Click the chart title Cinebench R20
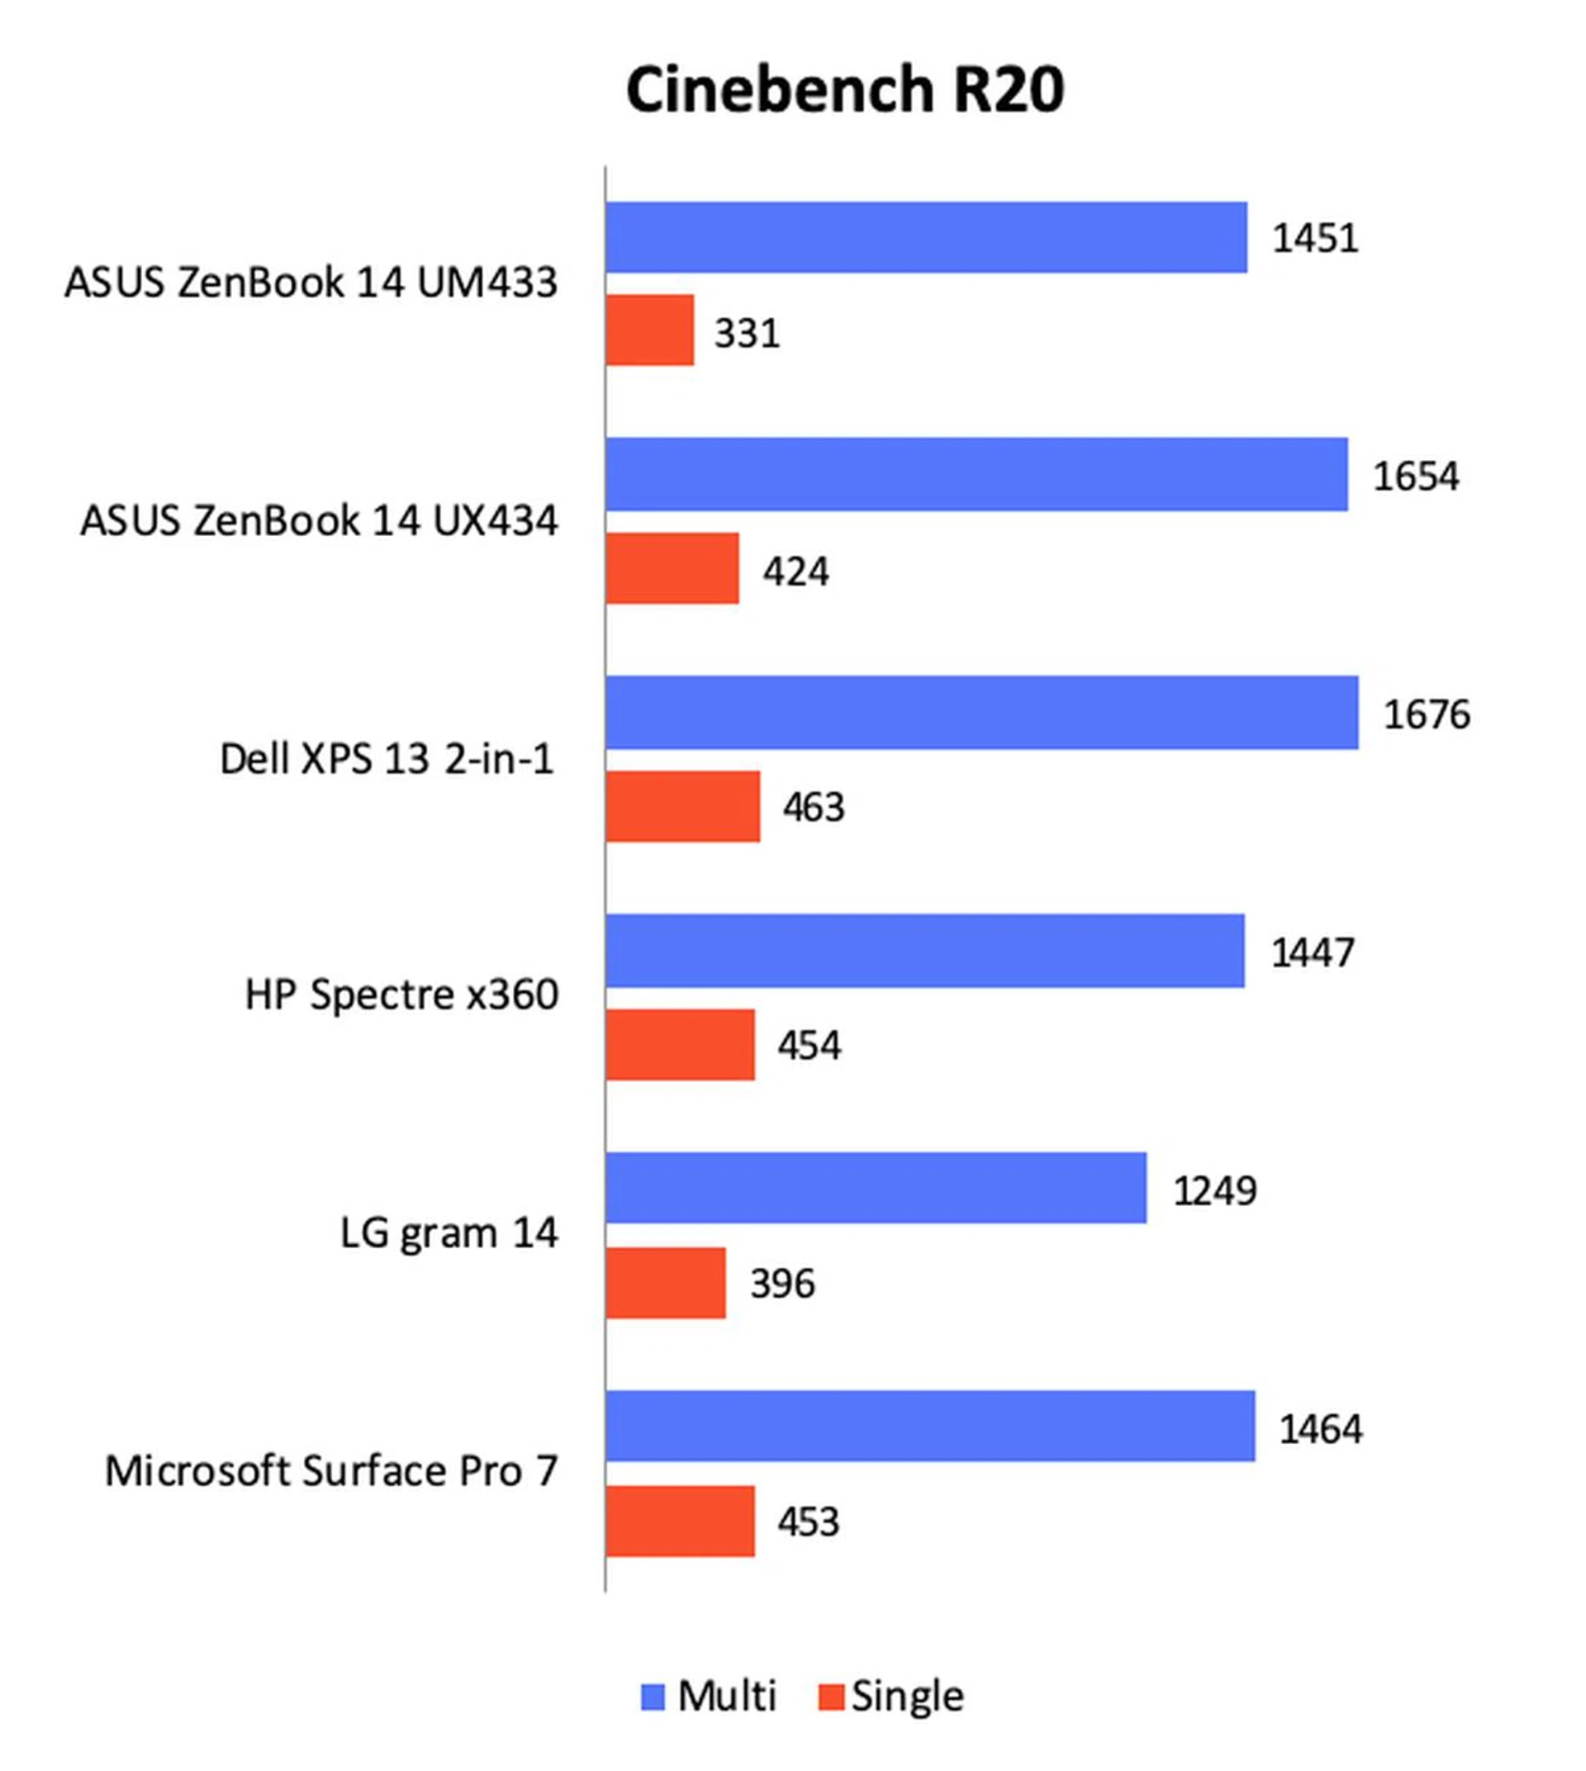point(844,90)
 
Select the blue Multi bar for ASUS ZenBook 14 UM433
point(925,237)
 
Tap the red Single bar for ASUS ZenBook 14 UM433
point(650,330)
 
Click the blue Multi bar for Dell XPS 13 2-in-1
point(981,713)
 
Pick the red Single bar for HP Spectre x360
point(681,1045)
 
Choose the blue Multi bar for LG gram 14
point(876,1188)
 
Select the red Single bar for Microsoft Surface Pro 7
point(681,1522)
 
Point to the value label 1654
point(1415,477)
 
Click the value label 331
point(747,333)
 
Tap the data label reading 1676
point(1427,715)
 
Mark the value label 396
point(782,1284)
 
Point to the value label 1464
point(1320,1429)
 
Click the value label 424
point(795,572)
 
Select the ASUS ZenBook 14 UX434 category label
point(319,521)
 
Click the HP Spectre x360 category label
point(401,995)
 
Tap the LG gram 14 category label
point(448,1233)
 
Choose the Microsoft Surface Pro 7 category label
point(331,1471)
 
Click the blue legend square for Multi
point(653,1697)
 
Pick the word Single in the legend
point(907,1697)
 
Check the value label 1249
point(1214,1191)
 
